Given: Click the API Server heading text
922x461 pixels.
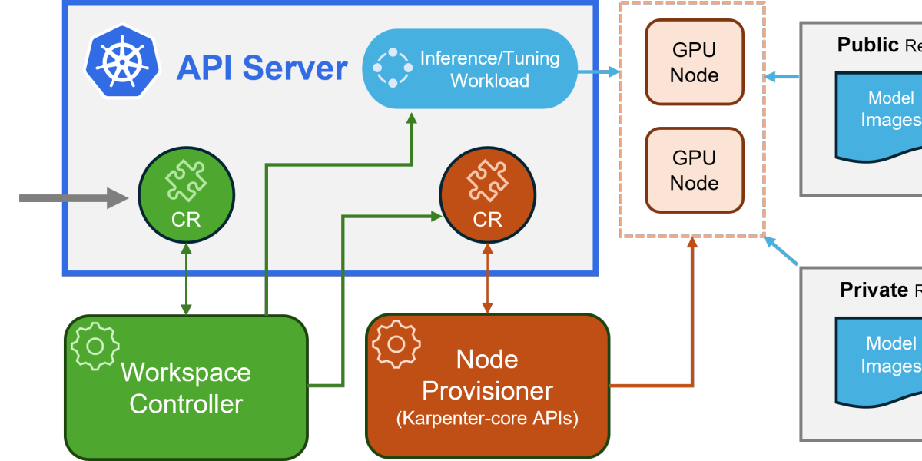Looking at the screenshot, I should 261,68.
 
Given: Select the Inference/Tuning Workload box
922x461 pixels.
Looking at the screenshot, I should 469,68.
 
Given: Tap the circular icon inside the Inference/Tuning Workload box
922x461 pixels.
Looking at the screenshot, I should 393,68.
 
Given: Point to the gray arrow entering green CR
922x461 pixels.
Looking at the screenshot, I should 73,198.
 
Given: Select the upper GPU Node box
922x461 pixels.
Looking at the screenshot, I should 695,62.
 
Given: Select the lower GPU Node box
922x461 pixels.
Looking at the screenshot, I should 695,170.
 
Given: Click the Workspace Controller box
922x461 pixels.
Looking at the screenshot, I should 186,388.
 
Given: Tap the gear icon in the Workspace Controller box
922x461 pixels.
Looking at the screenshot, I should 95,345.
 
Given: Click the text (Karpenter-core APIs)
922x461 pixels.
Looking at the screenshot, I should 487,420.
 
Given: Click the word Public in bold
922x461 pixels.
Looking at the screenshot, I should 867,45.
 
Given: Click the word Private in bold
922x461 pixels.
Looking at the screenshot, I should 873,290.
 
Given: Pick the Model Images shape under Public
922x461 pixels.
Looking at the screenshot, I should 880,111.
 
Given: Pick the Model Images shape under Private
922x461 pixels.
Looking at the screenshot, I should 880,357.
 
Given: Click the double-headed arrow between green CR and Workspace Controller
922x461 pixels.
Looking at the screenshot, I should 186,279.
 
